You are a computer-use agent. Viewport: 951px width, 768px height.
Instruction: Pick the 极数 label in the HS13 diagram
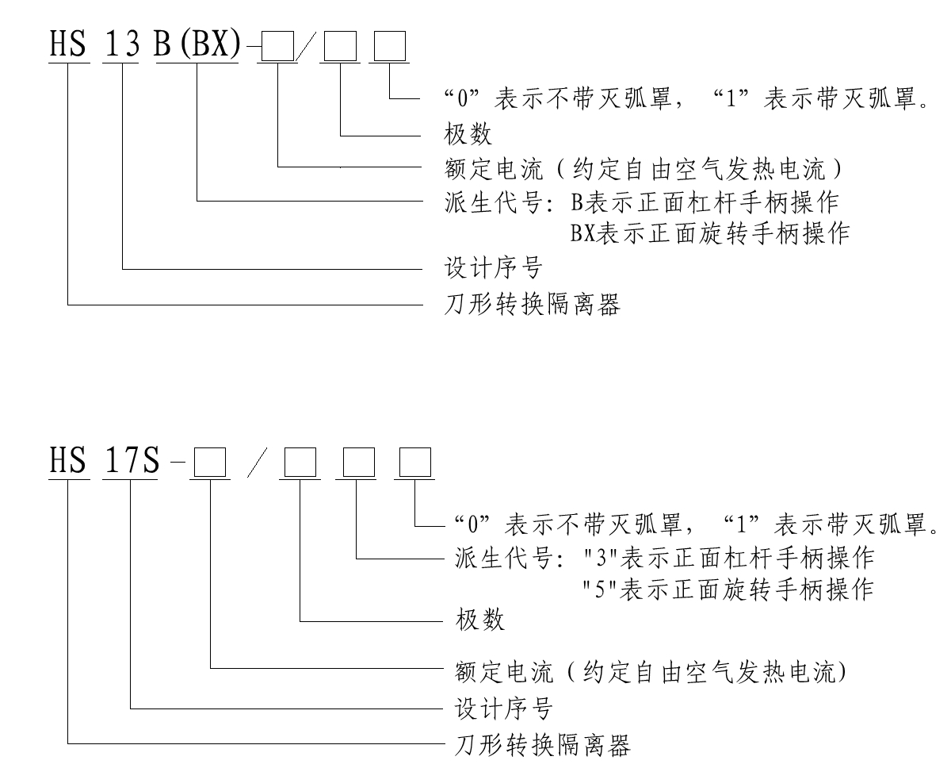click(469, 136)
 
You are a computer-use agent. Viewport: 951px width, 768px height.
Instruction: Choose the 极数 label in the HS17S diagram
click(481, 620)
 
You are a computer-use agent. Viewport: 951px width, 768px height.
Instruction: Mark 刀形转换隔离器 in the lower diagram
click(543, 745)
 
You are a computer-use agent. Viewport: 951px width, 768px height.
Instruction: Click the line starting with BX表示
click(710, 234)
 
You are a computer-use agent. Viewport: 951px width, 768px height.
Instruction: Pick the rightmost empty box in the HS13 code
click(390, 49)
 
